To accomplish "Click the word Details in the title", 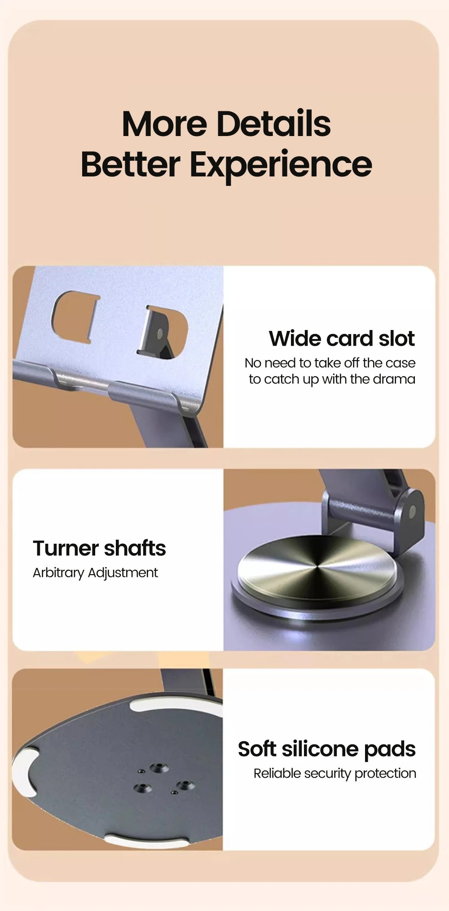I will pos(273,124).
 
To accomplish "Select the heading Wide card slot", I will pos(342,339).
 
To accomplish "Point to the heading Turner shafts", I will pos(99,548).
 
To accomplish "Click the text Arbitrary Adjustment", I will pos(95,573).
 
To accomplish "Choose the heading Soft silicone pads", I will pos(326,749).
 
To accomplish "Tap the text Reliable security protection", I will pos(335,774).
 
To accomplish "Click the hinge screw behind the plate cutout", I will pos(159,334).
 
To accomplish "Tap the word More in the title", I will pos(164,124).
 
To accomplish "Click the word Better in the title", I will pos(130,165).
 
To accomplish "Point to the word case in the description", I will pos(401,363).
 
